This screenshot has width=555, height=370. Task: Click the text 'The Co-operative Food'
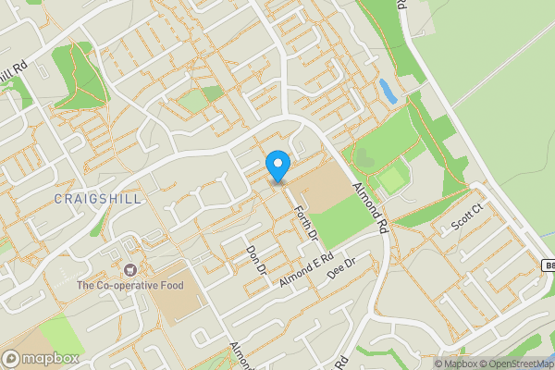[x=129, y=286]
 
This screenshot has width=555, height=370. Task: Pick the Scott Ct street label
[x=468, y=219]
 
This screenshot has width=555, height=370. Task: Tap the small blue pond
[x=388, y=91]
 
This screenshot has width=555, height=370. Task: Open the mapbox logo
[x=41, y=358]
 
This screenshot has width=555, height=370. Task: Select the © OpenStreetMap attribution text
[x=521, y=364]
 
